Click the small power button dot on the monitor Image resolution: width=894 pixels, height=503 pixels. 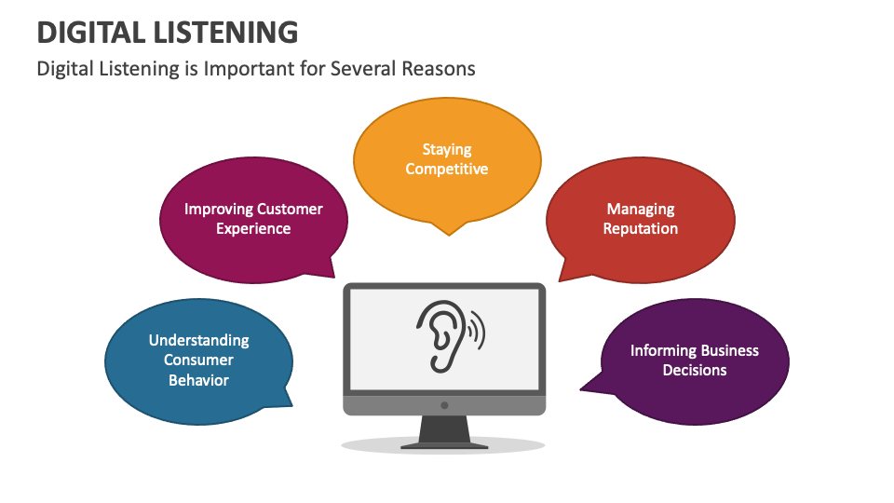tap(444, 405)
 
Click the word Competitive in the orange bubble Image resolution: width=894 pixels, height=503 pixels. tap(447, 169)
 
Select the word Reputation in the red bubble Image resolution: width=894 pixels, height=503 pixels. tap(641, 228)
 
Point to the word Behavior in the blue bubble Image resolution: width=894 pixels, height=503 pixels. tap(199, 380)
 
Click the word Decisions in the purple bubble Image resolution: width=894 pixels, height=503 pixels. tap(695, 370)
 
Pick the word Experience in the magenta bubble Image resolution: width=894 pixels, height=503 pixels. tap(253, 228)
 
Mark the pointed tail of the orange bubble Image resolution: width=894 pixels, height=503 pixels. tap(451, 229)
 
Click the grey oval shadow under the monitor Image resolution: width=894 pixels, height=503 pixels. tap(372, 446)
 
